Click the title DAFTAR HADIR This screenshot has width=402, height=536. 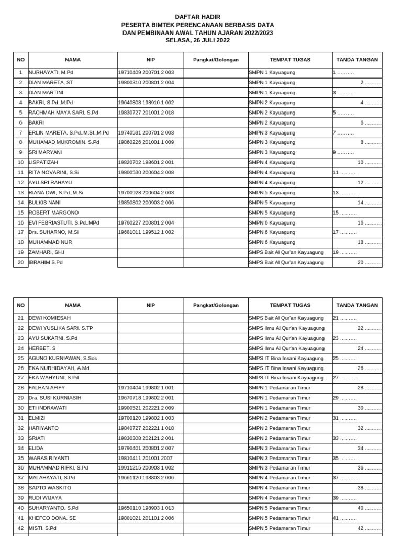[x=197, y=17]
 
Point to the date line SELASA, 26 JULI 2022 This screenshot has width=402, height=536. [x=197, y=40]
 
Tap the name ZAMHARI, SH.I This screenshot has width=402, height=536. [x=47, y=252]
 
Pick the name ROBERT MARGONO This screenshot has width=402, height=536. [x=53, y=213]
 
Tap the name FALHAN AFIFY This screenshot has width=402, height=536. [x=47, y=388]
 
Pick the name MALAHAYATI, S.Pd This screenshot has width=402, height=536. [x=52, y=478]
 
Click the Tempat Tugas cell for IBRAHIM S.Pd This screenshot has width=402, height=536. [x=286, y=262]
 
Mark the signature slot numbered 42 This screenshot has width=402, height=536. [x=369, y=528]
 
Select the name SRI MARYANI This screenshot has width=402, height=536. [x=46, y=152]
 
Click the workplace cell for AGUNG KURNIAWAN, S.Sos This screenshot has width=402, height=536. [x=286, y=358]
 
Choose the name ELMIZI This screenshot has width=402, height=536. [x=38, y=418]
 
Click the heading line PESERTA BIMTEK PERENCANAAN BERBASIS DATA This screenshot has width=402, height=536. [x=197, y=25]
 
